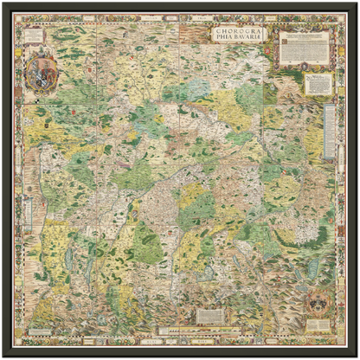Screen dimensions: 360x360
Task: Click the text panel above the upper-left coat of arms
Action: [35, 35]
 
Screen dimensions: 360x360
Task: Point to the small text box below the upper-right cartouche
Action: [319, 83]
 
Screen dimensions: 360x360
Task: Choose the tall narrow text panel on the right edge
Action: [329, 130]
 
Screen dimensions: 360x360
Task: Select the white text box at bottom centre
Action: [211, 315]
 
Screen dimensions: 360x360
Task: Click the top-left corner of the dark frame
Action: [3, 3]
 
